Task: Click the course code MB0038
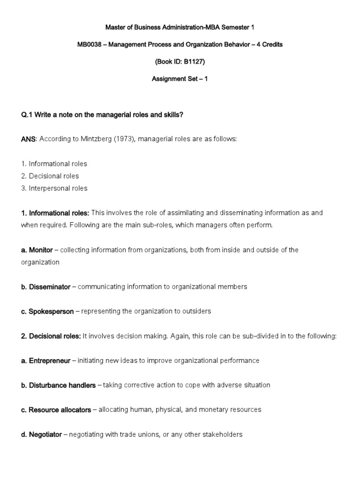[x=90, y=45]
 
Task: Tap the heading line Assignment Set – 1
[x=180, y=79]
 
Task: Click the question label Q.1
[x=28, y=115]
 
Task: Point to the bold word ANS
[x=28, y=139]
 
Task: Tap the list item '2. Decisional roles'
[x=50, y=176]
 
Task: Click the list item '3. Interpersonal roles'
[x=54, y=188]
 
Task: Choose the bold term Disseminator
[x=49, y=286]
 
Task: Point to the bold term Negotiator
[x=45, y=435]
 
